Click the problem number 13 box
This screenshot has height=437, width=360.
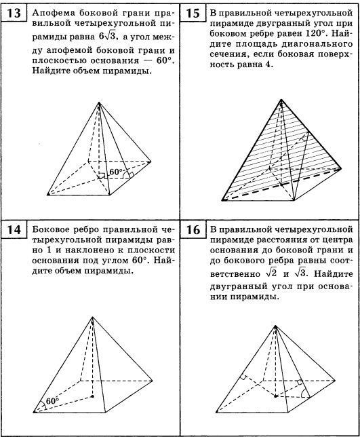(x=14, y=13)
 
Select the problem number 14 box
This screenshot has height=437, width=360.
(x=14, y=230)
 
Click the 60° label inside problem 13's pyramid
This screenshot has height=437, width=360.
(x=116, y=172)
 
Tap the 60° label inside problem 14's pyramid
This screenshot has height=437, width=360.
(x=52, y=401)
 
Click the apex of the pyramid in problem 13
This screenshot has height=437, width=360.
(x=98, y=102)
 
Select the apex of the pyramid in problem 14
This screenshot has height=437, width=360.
(x=92, y=317)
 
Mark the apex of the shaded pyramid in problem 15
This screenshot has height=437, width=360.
(x=281, y=100)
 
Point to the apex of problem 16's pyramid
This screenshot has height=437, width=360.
(x=275, y=326)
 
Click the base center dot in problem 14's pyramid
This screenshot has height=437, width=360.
(x=92, y=396)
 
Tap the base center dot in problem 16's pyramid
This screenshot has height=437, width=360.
(x=276, y=396)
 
